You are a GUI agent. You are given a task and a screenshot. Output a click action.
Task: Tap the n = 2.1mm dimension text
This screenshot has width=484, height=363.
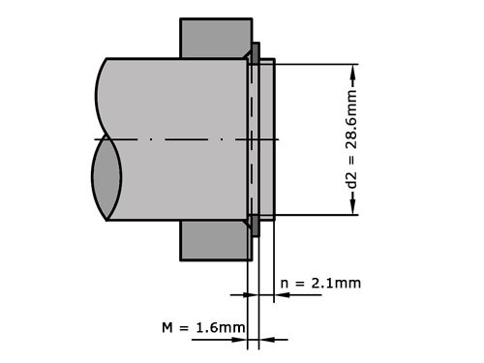point(320,283)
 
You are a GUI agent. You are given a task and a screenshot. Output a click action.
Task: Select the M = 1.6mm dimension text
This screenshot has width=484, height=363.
point(203,328)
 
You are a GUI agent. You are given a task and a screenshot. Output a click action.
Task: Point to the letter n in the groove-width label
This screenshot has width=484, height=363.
point(285,283)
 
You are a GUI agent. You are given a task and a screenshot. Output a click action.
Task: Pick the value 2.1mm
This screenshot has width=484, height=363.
point(335,283)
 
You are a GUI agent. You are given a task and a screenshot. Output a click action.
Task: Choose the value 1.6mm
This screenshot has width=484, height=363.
point(220,328)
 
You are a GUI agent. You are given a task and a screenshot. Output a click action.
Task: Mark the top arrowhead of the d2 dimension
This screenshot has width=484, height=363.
point(355,71)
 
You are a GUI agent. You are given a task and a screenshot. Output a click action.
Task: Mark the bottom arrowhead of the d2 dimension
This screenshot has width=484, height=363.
point(355,208)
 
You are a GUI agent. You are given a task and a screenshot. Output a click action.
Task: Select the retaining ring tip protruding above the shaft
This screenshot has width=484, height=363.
point(256,51)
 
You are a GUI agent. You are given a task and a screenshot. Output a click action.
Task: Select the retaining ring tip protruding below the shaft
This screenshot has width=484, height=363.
point(256,228)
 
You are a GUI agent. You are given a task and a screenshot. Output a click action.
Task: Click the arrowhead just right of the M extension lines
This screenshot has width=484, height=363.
point(265,339)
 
